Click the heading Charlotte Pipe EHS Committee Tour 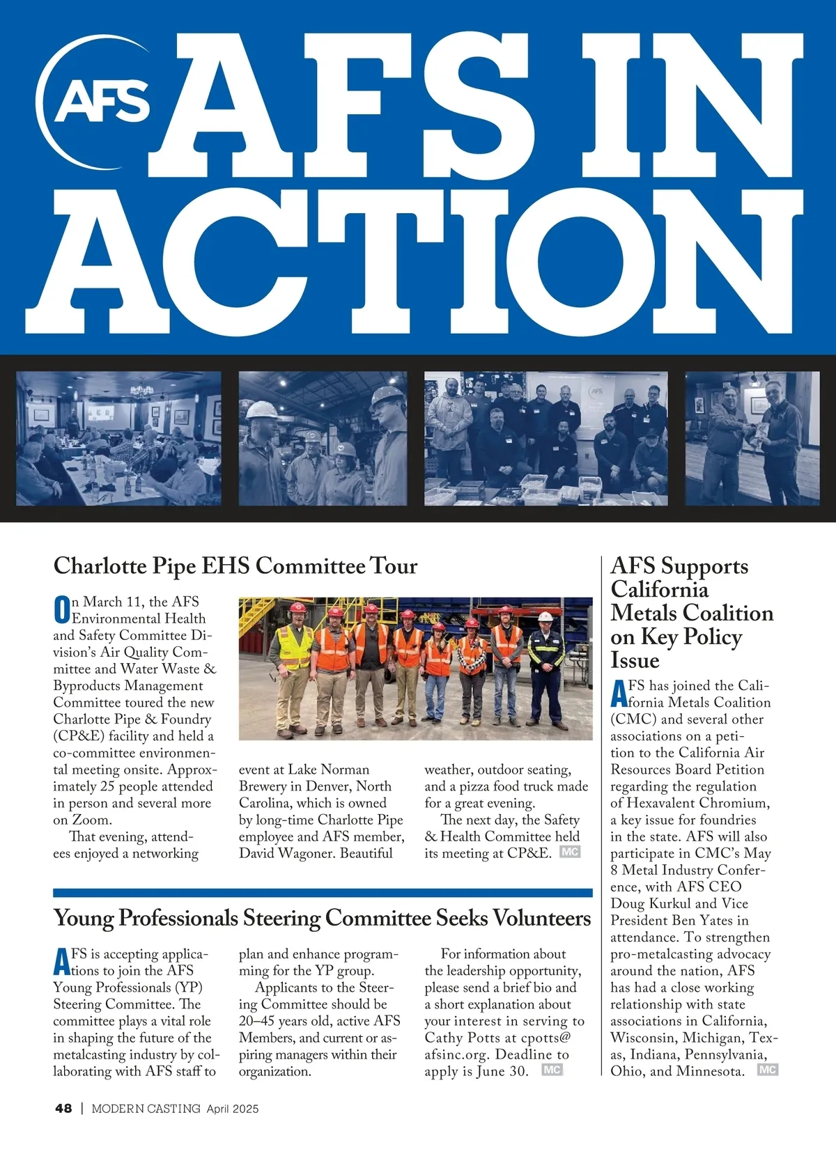[x=235, y=566]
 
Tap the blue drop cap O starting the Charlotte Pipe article [x=61, y=610]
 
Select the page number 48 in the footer [x=63, y=1108]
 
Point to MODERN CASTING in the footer [x=146, y=1108]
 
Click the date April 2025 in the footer [x=232, y=1108]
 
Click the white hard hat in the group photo [x=545, y=616]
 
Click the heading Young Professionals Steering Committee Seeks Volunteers [x=322, y=918]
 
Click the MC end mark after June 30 [x=552, y=1070]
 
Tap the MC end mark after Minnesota [x=767, y=1070]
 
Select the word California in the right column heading [x=659, y=590]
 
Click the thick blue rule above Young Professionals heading [x=322, y=892]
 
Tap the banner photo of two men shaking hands [x=752, y=438]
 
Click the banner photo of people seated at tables [x=118, y=438]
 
